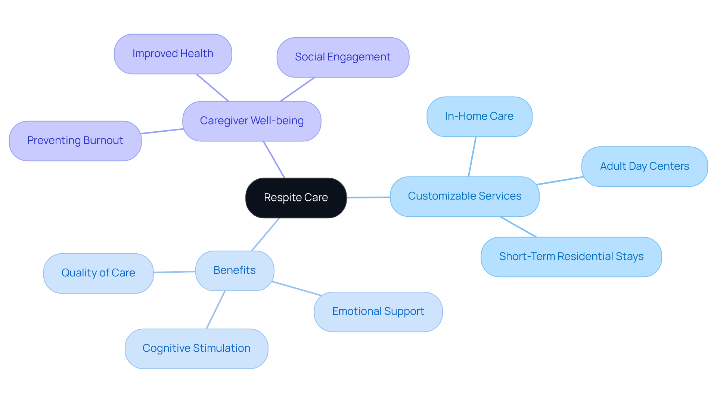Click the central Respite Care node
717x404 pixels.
pos(296,198)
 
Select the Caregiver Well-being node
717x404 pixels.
pos(252,121)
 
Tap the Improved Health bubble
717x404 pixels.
pos(173,54)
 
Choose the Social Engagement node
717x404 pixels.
pos(342,57)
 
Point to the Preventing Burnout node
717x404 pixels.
pos(75,141)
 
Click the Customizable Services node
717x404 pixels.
pos(465,196)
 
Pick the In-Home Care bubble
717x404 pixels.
pos(479,116)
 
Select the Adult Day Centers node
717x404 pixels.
pos(644,166)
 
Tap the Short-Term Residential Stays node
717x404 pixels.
pos(571,257)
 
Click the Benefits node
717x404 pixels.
pos(235,270)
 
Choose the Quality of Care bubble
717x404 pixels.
pos(98,273)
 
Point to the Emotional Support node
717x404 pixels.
pos(378,311)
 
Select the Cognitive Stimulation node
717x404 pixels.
pos(196,348)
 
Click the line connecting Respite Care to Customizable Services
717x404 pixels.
pos(368,197)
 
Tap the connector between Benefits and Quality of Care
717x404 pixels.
pos(174,272)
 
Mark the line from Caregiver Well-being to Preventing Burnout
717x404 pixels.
pos(162,131)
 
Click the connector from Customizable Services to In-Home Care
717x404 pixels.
pos(472,157)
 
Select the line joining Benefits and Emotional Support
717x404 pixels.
pos(297,289)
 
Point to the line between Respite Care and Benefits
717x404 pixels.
pos(266,234)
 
